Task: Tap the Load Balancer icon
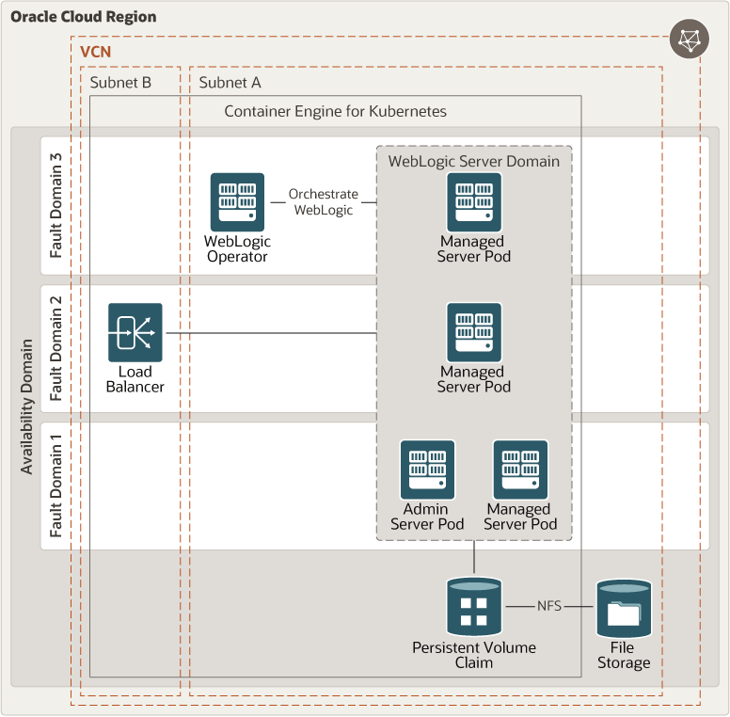135,332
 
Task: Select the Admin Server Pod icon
427,470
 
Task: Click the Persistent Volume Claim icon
473,607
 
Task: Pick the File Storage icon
623,609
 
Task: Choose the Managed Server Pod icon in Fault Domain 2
473,332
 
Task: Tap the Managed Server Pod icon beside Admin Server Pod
520,470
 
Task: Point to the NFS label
549,607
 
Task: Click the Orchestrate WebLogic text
324,201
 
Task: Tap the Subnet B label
120,83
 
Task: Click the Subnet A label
230,83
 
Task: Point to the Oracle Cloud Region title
84,17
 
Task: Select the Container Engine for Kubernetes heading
335,111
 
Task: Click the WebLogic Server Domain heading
474,161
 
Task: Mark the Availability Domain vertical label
26,406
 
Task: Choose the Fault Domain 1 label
57,486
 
